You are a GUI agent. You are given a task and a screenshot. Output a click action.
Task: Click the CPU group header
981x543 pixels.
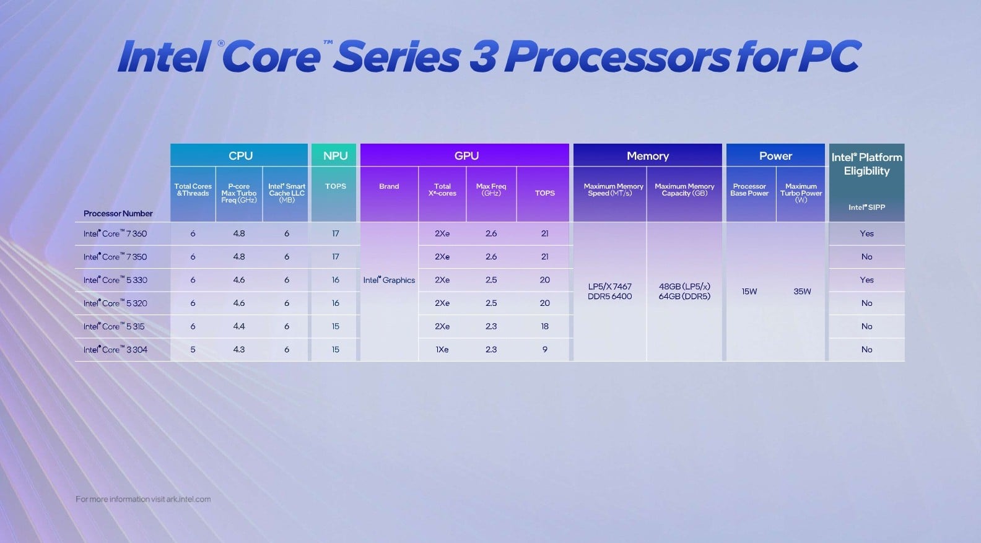click(240, 156)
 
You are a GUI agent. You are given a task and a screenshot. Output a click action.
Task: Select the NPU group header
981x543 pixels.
click(335, 156)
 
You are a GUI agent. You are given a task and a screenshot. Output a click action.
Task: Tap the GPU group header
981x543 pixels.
click(466, 156)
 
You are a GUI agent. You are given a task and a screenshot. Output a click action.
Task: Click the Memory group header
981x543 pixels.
click(647, 156)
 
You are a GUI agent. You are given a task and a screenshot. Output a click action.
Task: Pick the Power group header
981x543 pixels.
click(775, 156)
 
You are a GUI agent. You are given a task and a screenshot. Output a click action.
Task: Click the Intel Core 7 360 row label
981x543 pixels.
click(115, 233)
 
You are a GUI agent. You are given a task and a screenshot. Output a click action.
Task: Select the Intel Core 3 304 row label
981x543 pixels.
click(115, 350)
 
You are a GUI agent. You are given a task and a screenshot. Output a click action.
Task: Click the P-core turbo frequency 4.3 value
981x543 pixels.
click(239, 350)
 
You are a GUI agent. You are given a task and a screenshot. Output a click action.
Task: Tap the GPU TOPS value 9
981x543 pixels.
click(545, 350)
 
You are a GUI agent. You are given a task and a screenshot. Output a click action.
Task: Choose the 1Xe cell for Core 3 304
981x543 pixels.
click(442, 350)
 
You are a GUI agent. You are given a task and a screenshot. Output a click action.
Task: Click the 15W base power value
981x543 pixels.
click(749, 292)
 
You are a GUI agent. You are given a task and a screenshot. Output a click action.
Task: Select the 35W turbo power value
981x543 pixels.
click(802, 292)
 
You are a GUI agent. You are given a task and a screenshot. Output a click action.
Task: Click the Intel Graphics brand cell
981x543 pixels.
click(389, 280)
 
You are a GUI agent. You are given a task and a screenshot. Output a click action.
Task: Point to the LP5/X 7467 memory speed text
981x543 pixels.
click(609, 287)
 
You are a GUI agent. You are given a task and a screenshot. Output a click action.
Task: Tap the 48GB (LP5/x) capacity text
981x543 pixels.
click(684, 287)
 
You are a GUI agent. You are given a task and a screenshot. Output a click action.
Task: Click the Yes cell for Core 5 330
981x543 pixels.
click(866, 280)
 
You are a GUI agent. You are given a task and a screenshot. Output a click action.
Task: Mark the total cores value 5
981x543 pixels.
click(193, 350)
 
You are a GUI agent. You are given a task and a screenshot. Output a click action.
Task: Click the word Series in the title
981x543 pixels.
click(397, 57)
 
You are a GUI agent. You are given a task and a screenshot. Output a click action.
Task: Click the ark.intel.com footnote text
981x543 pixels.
click(188, 499)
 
